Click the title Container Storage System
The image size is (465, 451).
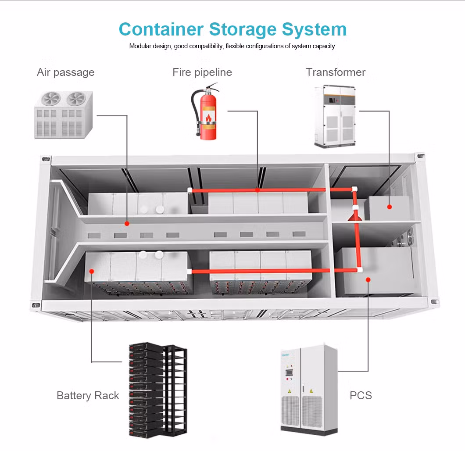tap(232, 29)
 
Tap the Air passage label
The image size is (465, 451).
tap(66, 72)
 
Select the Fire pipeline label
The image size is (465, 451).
tap(202, 72)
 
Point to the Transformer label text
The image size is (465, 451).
tap(336, 72)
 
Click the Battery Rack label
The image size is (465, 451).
tap(88, 396)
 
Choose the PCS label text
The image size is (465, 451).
tap(361, 395)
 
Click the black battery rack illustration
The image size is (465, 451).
tap(158, 390)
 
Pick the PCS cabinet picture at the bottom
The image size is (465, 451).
tap(309, 389)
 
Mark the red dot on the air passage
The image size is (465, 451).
tap(127, 224)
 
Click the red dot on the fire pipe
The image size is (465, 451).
tap(258, 190)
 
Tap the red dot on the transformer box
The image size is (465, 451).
tap(389, 206)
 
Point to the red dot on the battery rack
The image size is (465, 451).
tap(92, 271)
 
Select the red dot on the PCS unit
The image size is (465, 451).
tap(368, 279)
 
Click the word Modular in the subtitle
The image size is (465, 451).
tap(140, 46)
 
